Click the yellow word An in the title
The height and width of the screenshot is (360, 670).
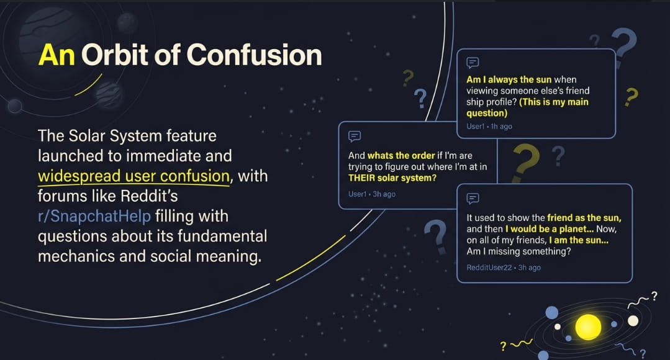pyautogui.click(x=57, y=55)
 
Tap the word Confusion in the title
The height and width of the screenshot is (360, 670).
pyautogui.click(x=254, y=55)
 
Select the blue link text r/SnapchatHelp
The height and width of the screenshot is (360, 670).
pyautogui.click(x=94, y=217)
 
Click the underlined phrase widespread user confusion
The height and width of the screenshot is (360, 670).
pyautogui.click(x=134, y=176)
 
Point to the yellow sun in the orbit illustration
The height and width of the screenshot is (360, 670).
pyautogui.click(x=588, y=327)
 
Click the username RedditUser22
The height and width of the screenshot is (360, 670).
pyautogui.click(x=489, y=268)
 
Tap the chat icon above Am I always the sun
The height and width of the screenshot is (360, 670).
pyautogui.click(x=472, y=63)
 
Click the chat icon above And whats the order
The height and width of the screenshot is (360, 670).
pyautogui.click(x=354, y=136)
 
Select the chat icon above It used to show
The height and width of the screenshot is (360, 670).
pyautogui.click(x=472, y=198)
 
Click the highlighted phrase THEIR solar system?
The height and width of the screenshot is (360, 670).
pyautogui.click(x=392, y=178)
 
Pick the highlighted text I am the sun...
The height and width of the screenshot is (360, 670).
pyautogui.click(x=579, y=240)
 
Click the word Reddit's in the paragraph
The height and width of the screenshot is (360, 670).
pyautogui.click(x=149, y=196)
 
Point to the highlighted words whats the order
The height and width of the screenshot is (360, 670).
pyautogui.click(x=401, y=155)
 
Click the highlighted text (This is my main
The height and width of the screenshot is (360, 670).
pyautogui.click(x=554, y=102)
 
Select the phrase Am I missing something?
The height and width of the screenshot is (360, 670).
pyautogui.click(x=518, y=251)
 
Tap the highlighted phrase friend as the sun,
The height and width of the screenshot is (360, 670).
pyautogui.click(x=584, y=218)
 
